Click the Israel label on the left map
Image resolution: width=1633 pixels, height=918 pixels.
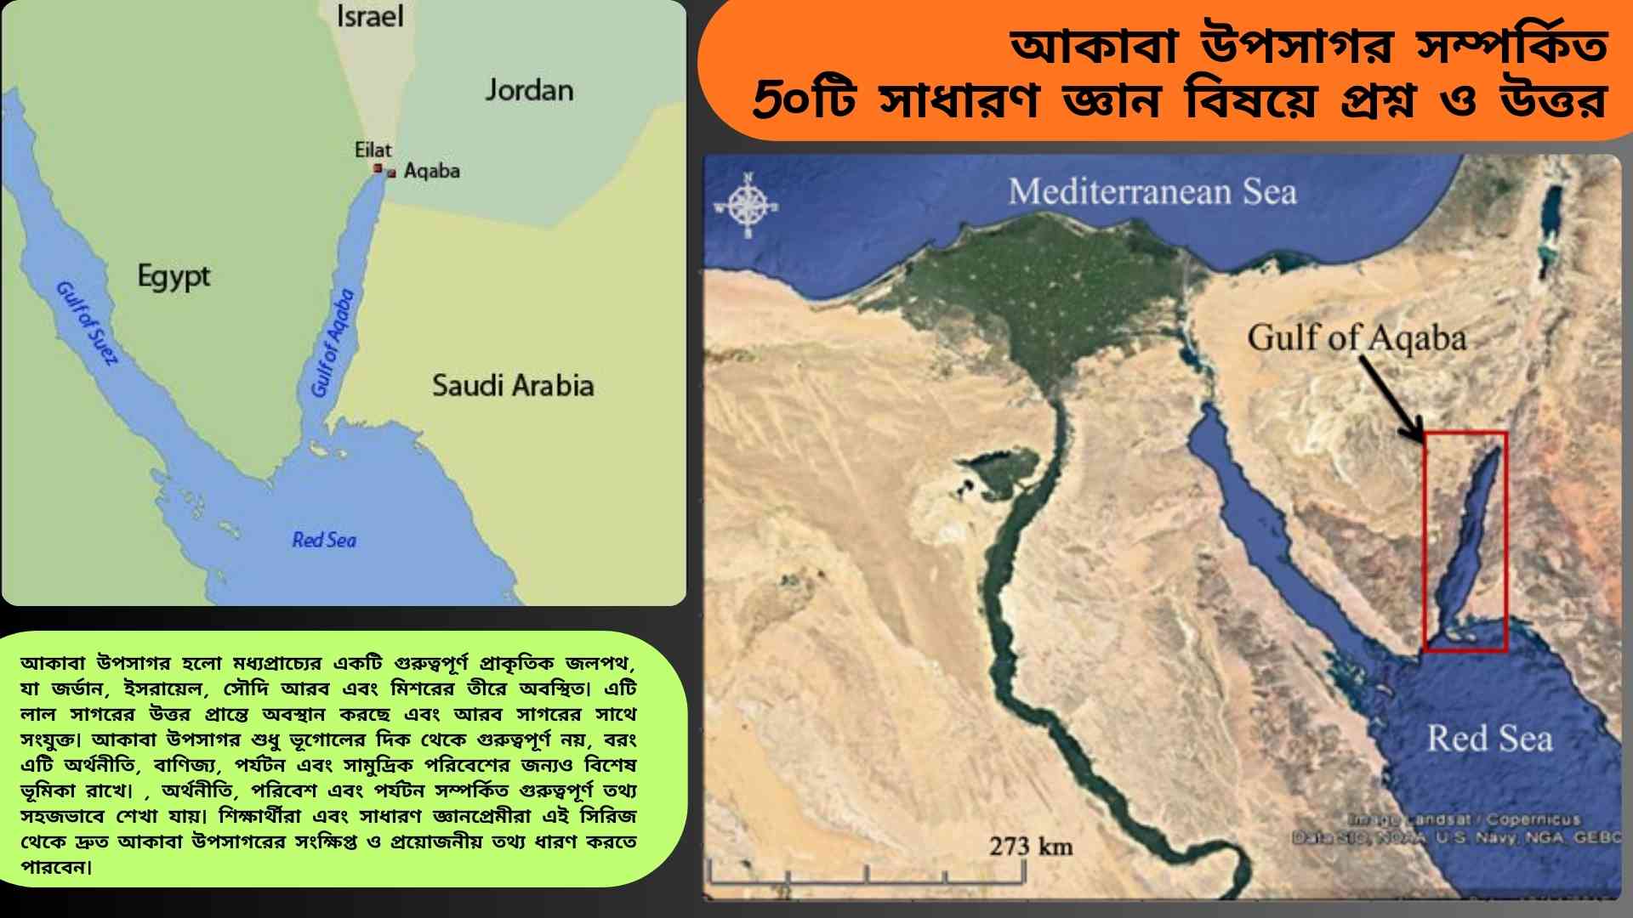pyautogui.click(x=370, y=17)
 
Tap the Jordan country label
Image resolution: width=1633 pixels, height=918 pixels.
pyautogui.click(x=529, y=90)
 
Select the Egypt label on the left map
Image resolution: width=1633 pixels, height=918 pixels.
pyautogui.click(x=174, y=276)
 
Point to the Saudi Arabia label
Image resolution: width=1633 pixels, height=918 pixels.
pyautogui.click(x=513, y=385)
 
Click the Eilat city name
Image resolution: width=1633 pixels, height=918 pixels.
pyautogui.click(x=373, y=150)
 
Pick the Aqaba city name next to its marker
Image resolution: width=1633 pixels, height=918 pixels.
pyautogui.click(x=431, y=171)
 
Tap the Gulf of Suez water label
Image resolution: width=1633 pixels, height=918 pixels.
pyautogui.click(x=86, y=323)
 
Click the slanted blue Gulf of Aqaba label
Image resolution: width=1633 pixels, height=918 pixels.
pyautogui.click(x=333, y=343)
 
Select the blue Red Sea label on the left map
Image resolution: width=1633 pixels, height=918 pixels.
pyautogui.click(x=324, y=540)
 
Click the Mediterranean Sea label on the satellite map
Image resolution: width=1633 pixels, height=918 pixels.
pyautogui.click(x=1152, y=192)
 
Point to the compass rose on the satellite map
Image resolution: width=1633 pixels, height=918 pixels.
pyautogui.click(x=747, y=206)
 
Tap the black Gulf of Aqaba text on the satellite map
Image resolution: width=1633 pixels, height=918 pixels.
pyautogui.click(x=1357, y=338)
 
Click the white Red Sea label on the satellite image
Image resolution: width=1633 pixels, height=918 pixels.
pyautogui.click(x=1489, y=738)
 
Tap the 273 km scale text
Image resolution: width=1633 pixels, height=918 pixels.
pyautogui.click(x=1031, y=847)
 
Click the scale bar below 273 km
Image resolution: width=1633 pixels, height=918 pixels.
pyautogui.click(x=868, y=872)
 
